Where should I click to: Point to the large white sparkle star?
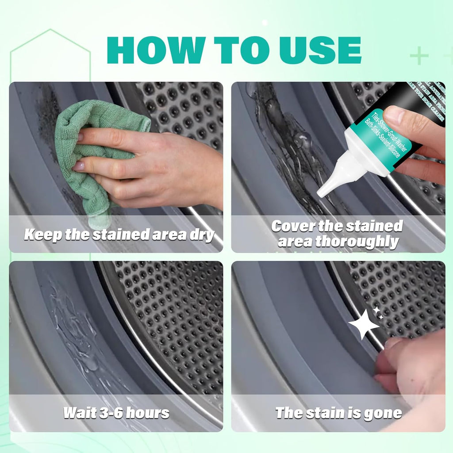pos(363,324)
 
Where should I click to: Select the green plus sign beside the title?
pos(419,56)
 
